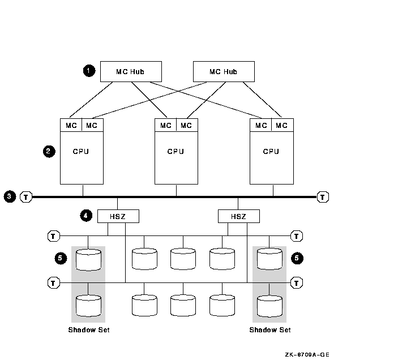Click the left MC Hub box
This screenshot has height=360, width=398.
click(x=131, y=71)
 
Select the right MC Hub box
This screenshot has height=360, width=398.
click(x=224, y=71)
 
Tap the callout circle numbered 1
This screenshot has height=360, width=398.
click(x=88, y=71)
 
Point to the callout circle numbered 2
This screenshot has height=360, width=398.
click(x=49, y=151)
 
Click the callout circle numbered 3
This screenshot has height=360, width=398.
click(x=10, y=197)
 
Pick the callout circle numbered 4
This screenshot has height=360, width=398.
click(x=86, y=216)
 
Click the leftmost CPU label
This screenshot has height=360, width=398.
click(x=81, y=152)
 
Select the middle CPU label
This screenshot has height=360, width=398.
click(x=176, y=152)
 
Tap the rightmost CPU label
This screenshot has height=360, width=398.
click(x=271, y=152)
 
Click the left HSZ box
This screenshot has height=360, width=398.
click(x=118, y=216)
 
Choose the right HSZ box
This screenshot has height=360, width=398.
click(x=238, y=216)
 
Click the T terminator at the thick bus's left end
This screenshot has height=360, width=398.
click(x=26, y=197)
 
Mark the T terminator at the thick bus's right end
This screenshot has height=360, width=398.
click(x=323, y=197)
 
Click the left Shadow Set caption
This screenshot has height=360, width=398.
click(x=89, y=330)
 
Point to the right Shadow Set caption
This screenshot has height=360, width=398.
click(x=270, y=330)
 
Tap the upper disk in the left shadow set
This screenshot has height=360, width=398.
click(x=88, y=259)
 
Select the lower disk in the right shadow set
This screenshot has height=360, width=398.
click(x=269, y=306)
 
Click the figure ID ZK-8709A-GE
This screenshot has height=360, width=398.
click(x=307, y=354)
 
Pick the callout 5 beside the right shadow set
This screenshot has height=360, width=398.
click(x=297, y=258)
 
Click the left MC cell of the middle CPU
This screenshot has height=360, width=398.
click(x=165, y=125)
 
